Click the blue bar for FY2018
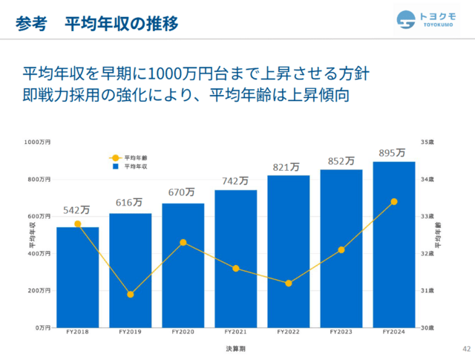point(77,278)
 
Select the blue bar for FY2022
point(289,252)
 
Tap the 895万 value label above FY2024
point(392,153)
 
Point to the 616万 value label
point(129,202)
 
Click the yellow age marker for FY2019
point(131,294)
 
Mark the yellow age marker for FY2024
point(394,201)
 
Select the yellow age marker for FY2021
point(236,268)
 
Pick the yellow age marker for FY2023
point(341,249)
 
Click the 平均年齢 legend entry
point(128,158)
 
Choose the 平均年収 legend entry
point(130,166)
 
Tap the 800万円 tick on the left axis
point(39,180)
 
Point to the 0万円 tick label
point(43,327)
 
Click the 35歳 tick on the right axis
point(427,142)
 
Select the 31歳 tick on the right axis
point(427,291)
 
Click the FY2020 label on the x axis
point(183,332)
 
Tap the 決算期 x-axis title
point(236,349)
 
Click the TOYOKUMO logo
point(426,20)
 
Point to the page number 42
point(467,349)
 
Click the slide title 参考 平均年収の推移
point(97,24)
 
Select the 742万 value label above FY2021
point(235,181)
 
